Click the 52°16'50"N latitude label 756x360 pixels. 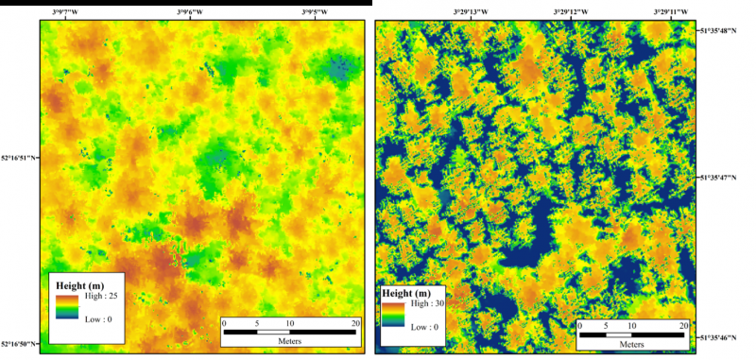19,344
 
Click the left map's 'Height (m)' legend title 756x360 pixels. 81,284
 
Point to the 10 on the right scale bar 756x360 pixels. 632,324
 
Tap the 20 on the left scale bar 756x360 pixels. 354,323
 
